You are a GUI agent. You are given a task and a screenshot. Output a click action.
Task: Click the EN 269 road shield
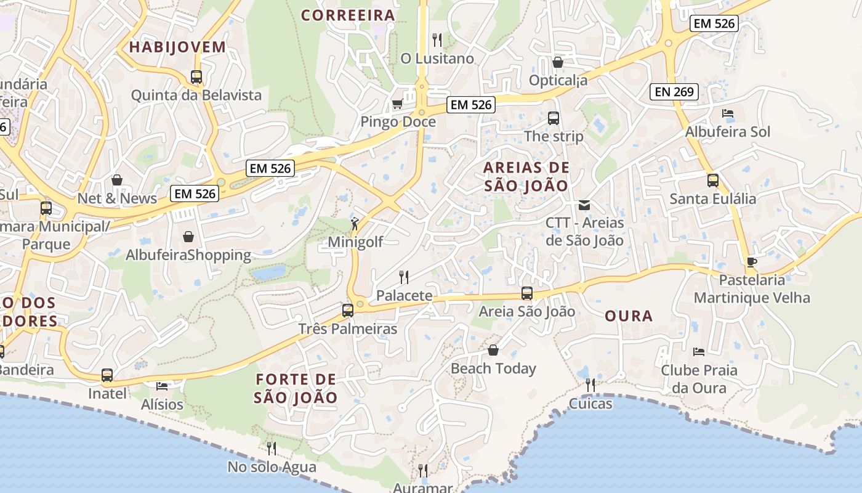click(674, 92)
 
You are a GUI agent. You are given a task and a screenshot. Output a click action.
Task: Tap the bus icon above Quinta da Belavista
click(196, 77)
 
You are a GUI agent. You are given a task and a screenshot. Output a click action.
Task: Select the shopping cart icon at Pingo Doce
click(398, 104)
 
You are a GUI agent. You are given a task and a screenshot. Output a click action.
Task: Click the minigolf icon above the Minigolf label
click(355, 224)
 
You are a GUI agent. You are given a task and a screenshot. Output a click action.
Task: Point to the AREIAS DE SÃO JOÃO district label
click(526, 176)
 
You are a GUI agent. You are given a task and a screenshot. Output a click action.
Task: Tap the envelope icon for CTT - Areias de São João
click(584, 205)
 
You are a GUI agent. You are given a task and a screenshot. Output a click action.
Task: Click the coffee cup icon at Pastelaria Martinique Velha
click(751, 262)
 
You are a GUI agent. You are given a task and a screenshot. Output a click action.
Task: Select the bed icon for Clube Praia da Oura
click(698, 352)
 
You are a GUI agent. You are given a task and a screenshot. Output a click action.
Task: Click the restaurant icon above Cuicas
click(590, 385)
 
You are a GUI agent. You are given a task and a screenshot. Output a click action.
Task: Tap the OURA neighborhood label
click(628, 316)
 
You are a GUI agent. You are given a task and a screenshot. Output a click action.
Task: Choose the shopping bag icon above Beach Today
click(493, 350)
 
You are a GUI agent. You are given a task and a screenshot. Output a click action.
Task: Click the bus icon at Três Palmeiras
click(348, 310)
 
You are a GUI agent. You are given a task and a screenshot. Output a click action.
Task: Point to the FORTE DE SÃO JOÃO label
click(296, 388)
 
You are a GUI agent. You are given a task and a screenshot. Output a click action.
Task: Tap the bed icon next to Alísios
click(162, 386)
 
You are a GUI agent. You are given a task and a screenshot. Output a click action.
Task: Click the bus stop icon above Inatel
click(107, 375)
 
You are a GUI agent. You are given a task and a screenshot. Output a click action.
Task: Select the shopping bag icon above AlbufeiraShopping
click(188, 237)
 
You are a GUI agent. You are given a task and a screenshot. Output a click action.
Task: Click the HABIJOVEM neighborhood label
click(177, 47)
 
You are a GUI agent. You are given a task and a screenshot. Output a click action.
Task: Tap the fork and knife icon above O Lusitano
click(437, 40)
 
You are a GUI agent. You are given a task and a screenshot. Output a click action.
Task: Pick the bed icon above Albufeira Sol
click(727, 113)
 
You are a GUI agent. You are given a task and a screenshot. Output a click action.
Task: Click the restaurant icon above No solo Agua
click(271, 448)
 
